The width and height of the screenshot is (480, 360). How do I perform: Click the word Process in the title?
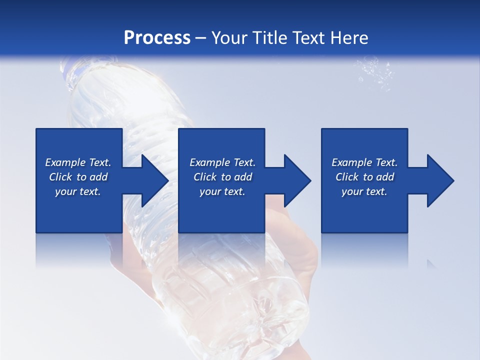point(157,37)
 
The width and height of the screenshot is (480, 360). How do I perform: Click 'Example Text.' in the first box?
point(78,162)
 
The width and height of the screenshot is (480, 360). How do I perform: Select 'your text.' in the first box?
point(78,191)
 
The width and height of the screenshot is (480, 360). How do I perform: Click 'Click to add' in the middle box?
point(222,177)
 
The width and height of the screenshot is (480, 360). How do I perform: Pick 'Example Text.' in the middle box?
point(222,162)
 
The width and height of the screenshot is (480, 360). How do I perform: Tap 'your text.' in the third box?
point(364,191)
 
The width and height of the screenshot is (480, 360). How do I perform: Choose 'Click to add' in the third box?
point(364,177)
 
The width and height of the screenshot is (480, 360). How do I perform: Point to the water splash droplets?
point(374,72)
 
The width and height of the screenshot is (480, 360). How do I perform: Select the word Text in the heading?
point(308,37)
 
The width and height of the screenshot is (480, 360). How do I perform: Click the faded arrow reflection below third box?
point(431,263)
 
